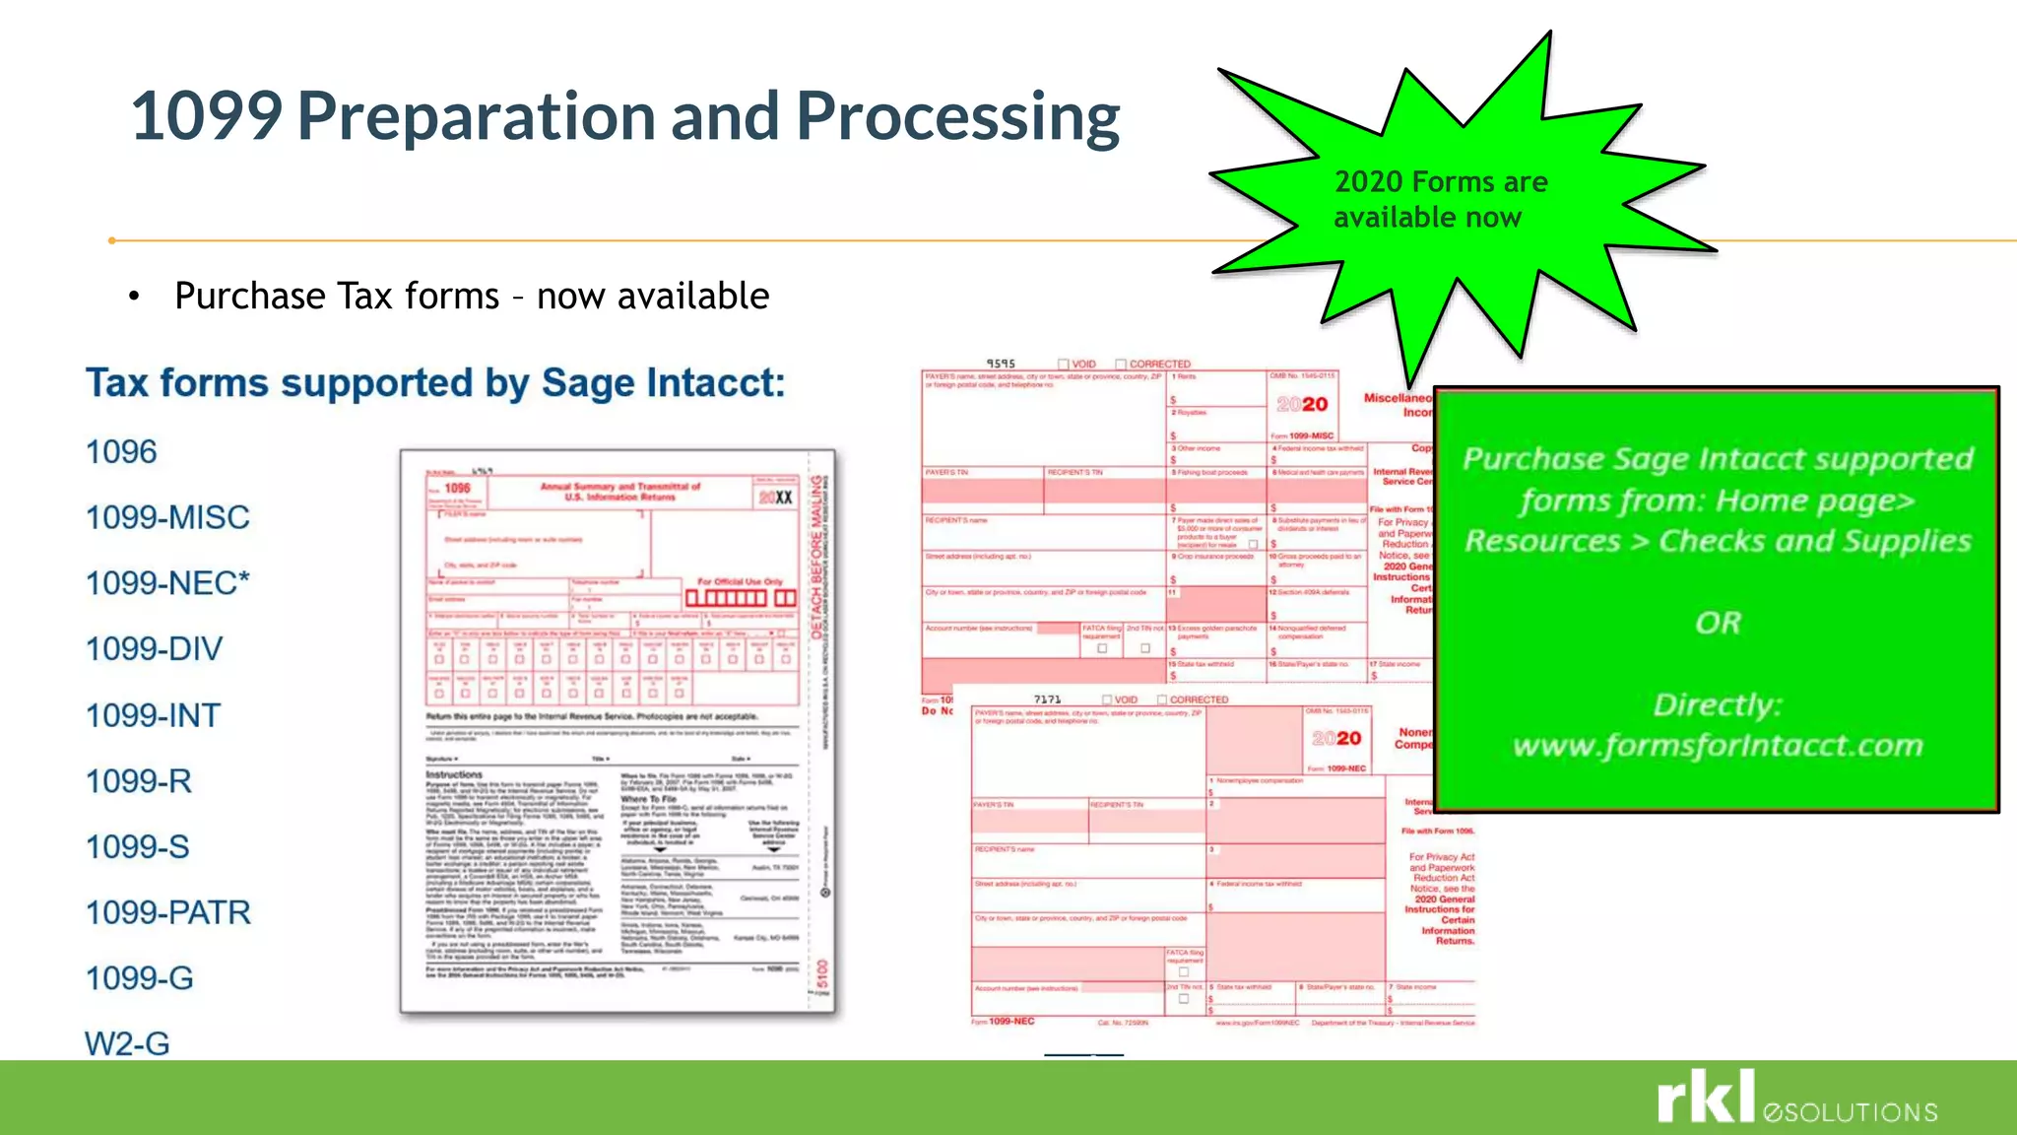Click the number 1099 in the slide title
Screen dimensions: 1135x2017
pyautogui.click(x=207, y=116)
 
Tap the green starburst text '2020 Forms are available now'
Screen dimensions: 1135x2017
pyautogui.click(x=1439, y=199)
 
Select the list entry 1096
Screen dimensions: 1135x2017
pyautogui.click(x=121, y=452)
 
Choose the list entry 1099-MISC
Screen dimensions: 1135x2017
pyautogui.click(x=167, y=517)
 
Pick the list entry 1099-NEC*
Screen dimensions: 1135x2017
pyautogui.click(x=167, y=583)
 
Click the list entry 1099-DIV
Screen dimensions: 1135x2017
pyautogui.click(x=154, y=649)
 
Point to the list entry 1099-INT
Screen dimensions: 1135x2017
pyautogui.click(x=153, y=715)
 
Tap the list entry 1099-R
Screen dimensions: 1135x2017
pyautogui.click(x=138, y=781)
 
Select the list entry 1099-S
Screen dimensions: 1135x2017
pyautogui.click(x=137, y=847)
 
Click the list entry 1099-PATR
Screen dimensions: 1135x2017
pyautogui.click(x=167, y=912)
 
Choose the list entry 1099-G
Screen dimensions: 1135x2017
pyautogui.click(x=139, y=978)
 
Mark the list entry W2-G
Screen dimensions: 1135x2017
pyautogui.click(x=127, y=1043)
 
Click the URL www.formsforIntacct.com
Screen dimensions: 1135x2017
pyautogui.click(x=1718, y=745)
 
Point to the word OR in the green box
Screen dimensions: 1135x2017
pyautogui.click(x=1718, y=623)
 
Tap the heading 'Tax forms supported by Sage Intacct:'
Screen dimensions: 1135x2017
pyautogui.click(x=435, y=382)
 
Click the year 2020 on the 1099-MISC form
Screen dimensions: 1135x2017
pyautogui.click(x=1302, y=404)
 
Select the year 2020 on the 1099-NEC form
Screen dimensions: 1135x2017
pyautogui.click(x=1336, y=738)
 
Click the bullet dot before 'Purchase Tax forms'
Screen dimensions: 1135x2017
pyautogui.click(x=134, y=297)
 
